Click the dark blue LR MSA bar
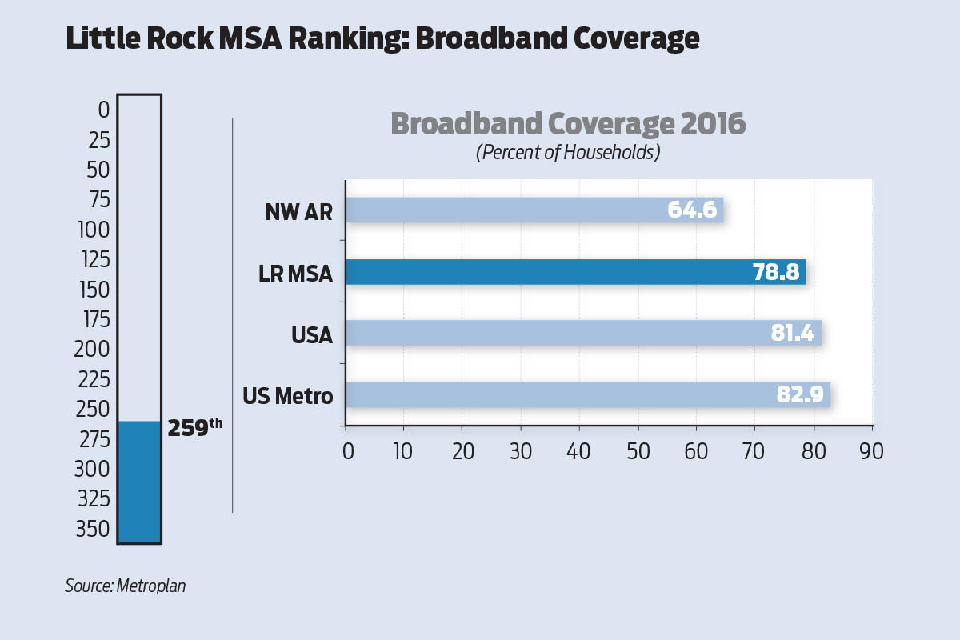560,272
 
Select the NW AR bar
520,210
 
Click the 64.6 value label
693,211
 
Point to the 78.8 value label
775,273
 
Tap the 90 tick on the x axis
871,450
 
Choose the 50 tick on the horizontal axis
638,450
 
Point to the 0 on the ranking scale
103,110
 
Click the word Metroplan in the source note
151,586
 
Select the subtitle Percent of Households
567,152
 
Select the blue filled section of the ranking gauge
139,482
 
